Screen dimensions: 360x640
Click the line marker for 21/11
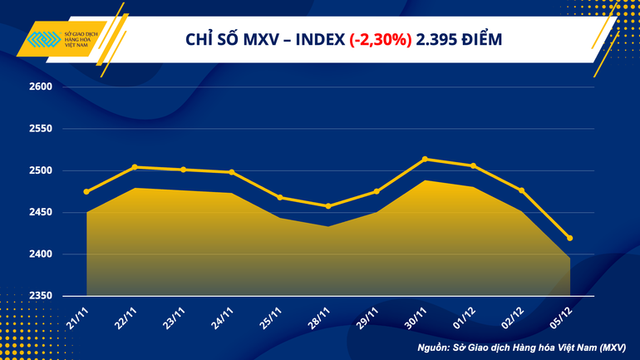tap(87, 192)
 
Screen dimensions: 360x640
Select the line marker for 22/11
tap(135, 167)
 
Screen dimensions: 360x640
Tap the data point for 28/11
tap(328, 206)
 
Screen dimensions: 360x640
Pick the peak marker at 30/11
tap(425, 159)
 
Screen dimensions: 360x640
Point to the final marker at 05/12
tap(569, 239)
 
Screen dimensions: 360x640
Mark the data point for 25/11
tap(280, 197)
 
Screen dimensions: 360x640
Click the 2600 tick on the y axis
tap(41, 87)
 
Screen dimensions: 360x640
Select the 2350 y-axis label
tap(41, 296)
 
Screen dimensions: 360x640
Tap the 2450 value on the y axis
tap(41, 213)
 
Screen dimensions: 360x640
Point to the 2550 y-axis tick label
tap(41, 130)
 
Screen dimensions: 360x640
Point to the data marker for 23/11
tap(184, 170)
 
